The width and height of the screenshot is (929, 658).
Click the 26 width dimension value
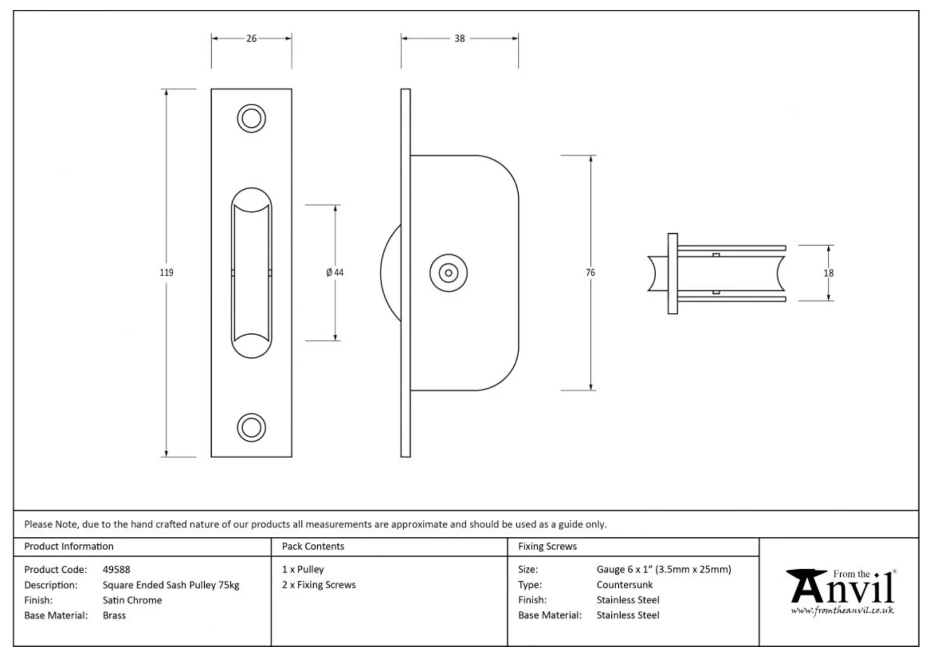pos(251,38)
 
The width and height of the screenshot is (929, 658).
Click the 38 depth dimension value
pos(459,38)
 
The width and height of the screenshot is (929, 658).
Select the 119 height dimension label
pos(166,273)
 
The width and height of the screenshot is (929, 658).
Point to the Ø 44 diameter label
pos(335,273)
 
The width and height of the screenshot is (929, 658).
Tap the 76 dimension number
pos(590,273)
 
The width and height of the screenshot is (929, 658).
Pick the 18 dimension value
pos(828,273)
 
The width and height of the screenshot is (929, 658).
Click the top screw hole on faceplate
pos(251,118)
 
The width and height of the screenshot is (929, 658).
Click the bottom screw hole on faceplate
pos(251,427)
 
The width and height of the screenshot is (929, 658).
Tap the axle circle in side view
pos(449,273)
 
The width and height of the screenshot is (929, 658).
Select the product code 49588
pos(116,570)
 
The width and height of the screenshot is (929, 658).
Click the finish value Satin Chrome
pos(132,600)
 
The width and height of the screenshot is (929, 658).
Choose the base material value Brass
pos(114,616)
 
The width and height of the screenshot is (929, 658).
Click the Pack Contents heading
pos(313,547)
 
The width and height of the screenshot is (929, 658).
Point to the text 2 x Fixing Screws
pos(319,585)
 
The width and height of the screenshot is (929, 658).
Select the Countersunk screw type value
pos(624,585)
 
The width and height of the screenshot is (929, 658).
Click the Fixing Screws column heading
pos(547,547)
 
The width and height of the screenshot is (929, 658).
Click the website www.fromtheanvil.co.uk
pos(842,610)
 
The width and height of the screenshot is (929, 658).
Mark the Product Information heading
pos(69,547)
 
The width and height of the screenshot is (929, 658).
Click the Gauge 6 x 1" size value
pos(663,570)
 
